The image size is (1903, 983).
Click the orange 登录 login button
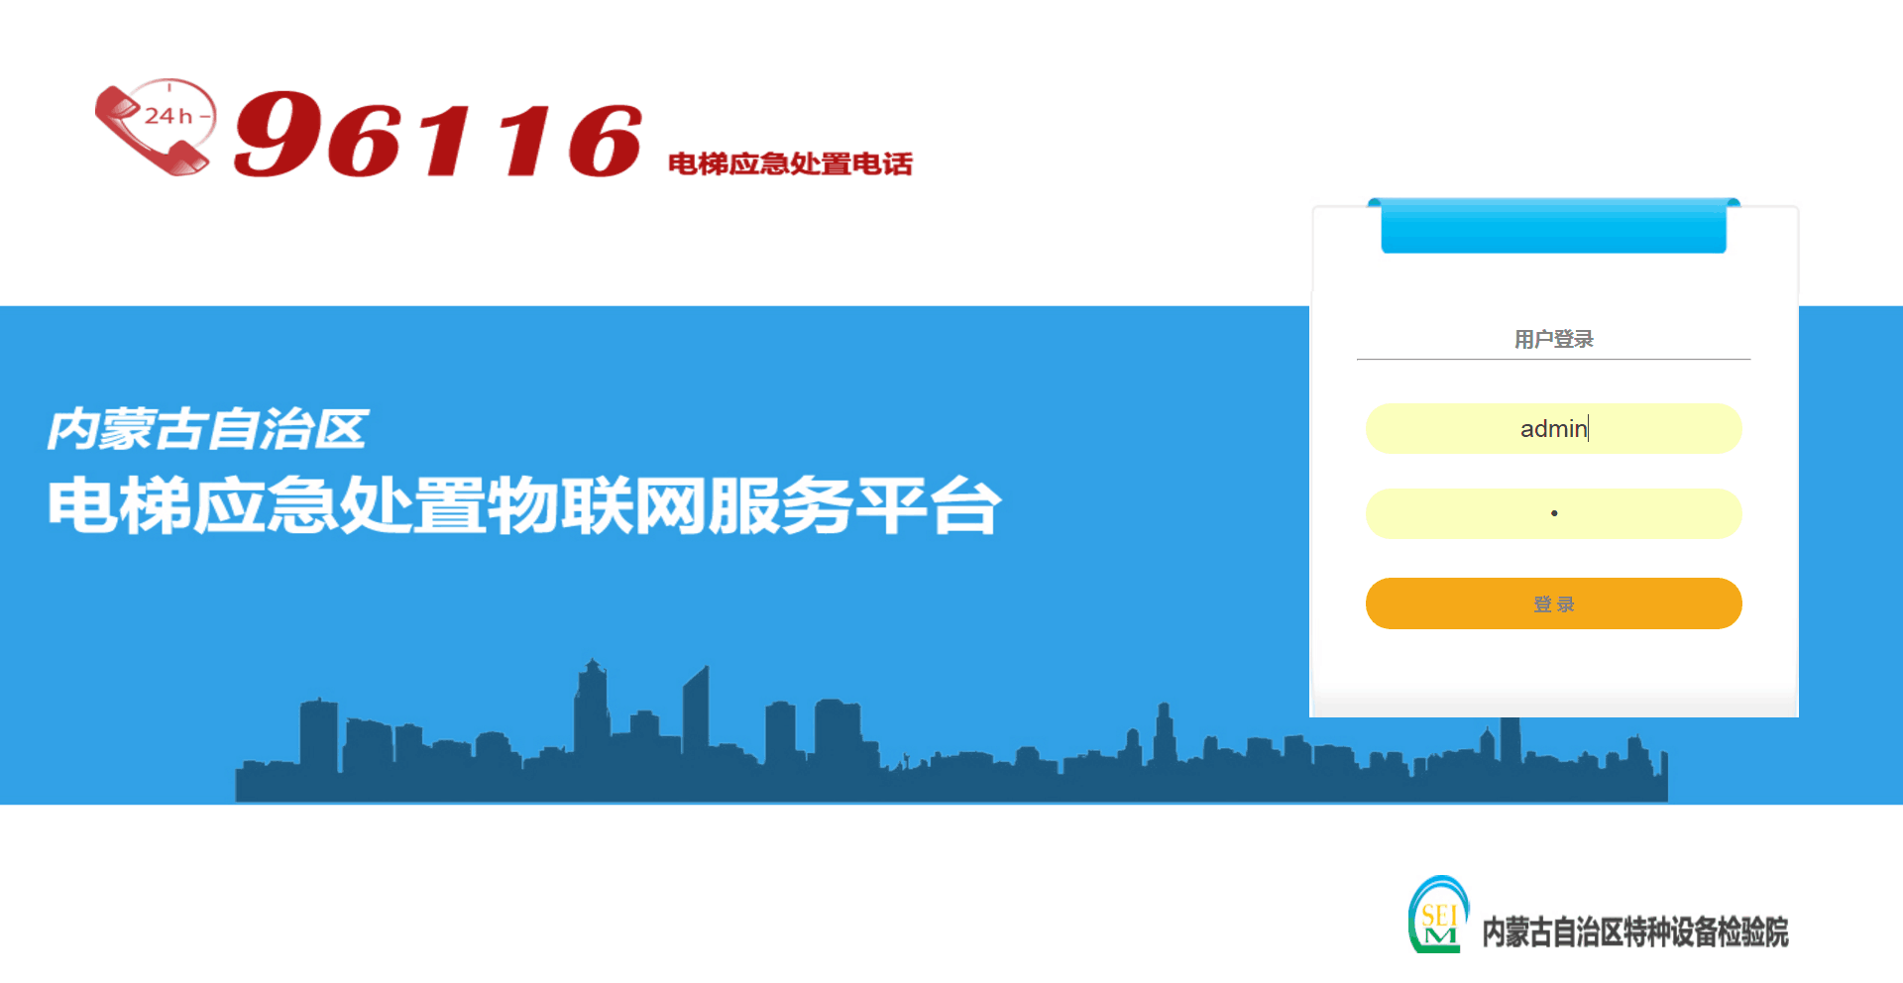[1553, 603]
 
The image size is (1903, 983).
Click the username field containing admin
[1553, 428]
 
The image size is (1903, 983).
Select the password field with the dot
[1553, 513]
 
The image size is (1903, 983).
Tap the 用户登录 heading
[1553, 339]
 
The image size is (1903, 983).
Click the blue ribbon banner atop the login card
[1553, 226]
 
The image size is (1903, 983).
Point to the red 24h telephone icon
[156, 127]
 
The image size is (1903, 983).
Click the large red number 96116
[438, 135]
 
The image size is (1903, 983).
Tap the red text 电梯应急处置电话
[790, 164]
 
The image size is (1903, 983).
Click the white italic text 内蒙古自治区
[207, 429]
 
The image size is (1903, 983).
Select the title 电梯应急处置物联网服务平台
[524, 505]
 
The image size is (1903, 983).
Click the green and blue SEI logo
[1438, 915]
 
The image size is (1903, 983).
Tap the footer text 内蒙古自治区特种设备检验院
[1635, 931]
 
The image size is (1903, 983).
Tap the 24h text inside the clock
[168, 116]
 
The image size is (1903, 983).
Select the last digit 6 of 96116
[605, 141]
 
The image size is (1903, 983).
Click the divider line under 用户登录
[1553, 359]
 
